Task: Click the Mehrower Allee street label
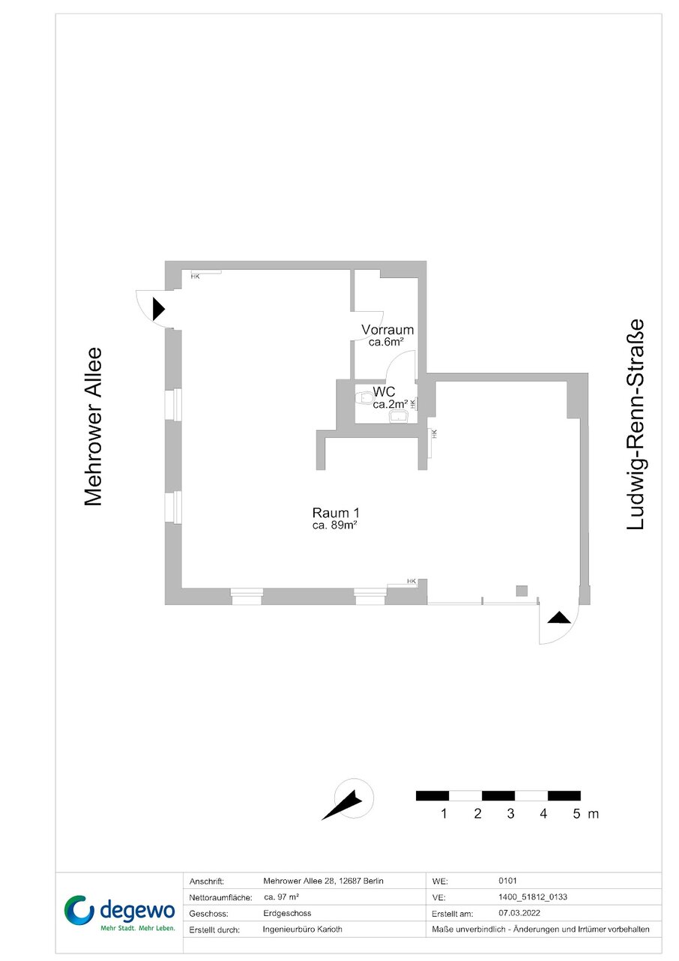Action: coord(93,427)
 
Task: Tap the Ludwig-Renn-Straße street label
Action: coord(636,424)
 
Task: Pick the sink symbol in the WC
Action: coord(399,416)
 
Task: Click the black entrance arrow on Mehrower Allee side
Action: coord(158,309)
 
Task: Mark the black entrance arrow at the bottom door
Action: coord(559,618)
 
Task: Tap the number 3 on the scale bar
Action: coord(510,813)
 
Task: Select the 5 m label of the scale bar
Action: coord(585,813)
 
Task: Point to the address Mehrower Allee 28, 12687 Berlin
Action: coord(324,881)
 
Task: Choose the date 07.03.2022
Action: coord(519,912)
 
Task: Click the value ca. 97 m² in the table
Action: coord(281,897)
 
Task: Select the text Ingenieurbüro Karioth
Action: coord(302,929)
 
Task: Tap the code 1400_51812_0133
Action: coord(533,897)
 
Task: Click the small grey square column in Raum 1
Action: coord(522,591)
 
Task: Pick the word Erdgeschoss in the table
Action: coord(287,913)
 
